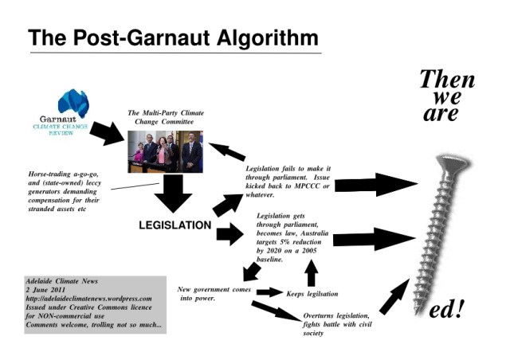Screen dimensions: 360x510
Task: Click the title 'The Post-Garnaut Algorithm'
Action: [x=173, y=37]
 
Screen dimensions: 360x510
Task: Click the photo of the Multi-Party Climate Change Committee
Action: [x=166, y=151]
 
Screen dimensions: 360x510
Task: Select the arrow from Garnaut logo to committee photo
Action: [x=107, y=133]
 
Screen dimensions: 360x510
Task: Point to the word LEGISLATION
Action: [x=175, y=225]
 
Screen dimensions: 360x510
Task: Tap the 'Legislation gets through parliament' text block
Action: [x=292, y=236]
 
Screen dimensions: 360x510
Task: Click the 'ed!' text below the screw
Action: [x=446, y=310]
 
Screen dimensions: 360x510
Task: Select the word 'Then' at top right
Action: [x=446, y=80]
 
